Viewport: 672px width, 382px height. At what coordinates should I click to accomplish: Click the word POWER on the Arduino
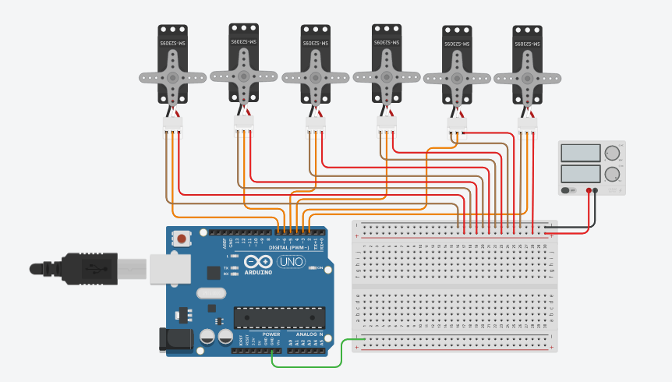(x=271, y=334)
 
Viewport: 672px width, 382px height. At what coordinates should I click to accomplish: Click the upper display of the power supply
(x=580, y=153)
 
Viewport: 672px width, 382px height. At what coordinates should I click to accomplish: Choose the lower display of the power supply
(x=580, y=173)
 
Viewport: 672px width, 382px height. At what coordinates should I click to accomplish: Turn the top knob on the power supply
(x=614, y=153)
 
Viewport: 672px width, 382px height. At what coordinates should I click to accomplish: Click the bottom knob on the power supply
(x=614, y=173)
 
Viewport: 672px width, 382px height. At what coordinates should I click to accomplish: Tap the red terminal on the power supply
(x=587, y=189)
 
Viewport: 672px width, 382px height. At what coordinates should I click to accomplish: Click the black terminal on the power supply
(x=596, y=189)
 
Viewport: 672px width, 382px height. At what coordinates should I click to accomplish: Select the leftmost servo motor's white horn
(x=172, y=77)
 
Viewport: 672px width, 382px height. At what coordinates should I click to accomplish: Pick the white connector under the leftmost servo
(x=172, y=123)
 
